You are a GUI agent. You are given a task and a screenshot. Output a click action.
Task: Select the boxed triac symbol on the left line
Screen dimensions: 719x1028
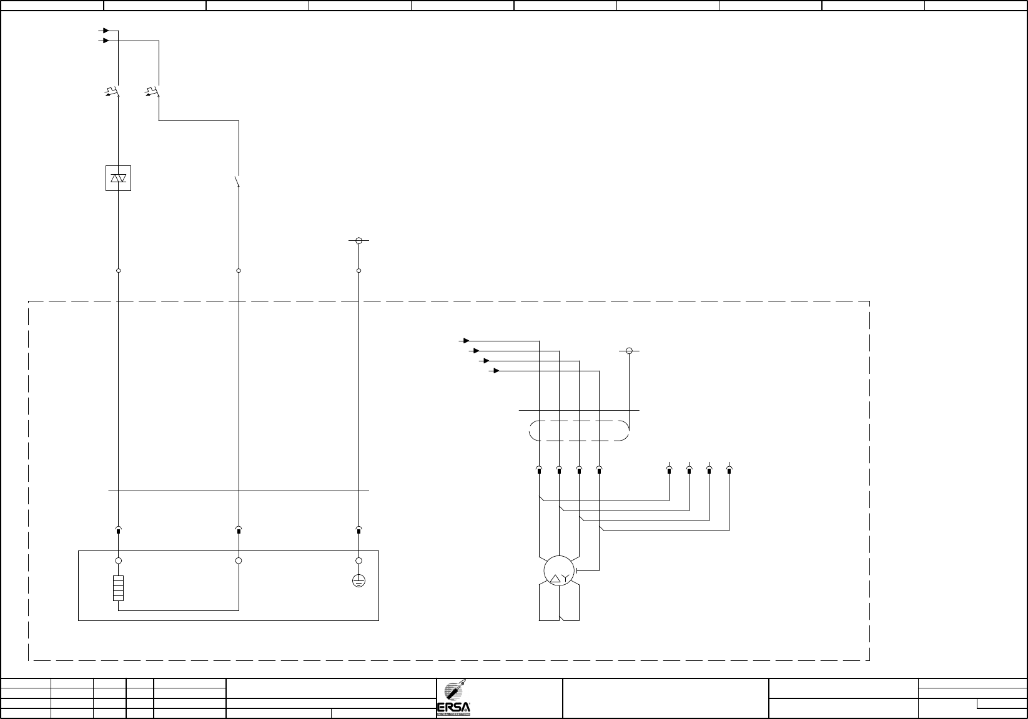118,179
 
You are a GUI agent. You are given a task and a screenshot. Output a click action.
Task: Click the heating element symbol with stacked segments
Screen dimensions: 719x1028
118,588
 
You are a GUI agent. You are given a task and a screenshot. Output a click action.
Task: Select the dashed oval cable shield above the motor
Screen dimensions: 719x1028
578,431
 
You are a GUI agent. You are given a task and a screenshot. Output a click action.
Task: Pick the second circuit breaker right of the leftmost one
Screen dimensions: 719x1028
154,93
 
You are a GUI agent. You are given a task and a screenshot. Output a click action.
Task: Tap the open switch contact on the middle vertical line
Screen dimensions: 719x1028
237,182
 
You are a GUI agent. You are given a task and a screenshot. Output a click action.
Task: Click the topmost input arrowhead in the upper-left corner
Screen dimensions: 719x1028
107,30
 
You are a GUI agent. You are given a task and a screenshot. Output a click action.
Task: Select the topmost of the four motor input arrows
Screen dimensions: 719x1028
465,341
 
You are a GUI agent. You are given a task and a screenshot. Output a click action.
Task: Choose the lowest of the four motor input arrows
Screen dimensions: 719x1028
495,371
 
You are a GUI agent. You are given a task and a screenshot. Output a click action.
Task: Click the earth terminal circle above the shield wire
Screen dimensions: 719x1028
629,351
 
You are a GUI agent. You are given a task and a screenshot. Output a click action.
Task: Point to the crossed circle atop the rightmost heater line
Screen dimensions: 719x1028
358,240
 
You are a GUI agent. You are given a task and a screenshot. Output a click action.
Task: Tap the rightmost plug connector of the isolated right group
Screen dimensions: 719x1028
729,469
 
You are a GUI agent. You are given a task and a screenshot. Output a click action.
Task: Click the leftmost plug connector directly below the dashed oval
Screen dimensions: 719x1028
539,469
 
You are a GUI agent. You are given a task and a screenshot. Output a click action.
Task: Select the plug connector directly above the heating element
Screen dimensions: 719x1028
119,531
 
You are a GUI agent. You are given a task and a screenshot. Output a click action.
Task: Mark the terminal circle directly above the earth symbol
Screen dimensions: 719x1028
358,560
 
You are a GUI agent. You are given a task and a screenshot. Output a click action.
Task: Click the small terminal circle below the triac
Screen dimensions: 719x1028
118,271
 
